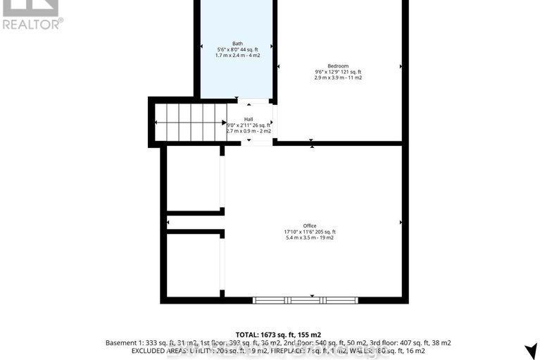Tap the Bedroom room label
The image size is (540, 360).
click(x=338, y=66)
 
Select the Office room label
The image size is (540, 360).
click(x=310, y=225)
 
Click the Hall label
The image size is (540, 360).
click(x=249, y=119)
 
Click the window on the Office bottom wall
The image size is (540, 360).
click(x=305, y=300)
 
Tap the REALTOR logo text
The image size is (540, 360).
click(x=32, y=23)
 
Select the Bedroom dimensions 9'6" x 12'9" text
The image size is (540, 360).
click(x=338, y=72)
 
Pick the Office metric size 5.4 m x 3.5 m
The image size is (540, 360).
click(x=310, y=237)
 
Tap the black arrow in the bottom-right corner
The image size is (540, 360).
click(x=531, y=350)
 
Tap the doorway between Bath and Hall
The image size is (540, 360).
click(x=239, y=99)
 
